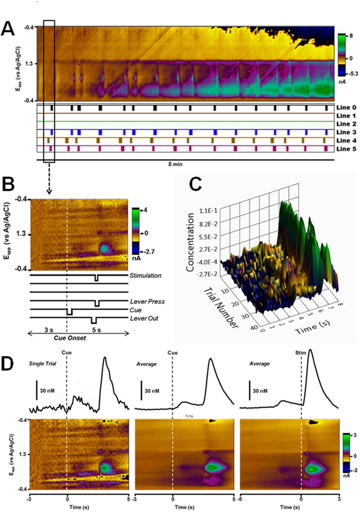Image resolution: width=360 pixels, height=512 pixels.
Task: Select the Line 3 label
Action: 347,132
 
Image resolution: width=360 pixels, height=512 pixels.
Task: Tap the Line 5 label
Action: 347,148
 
